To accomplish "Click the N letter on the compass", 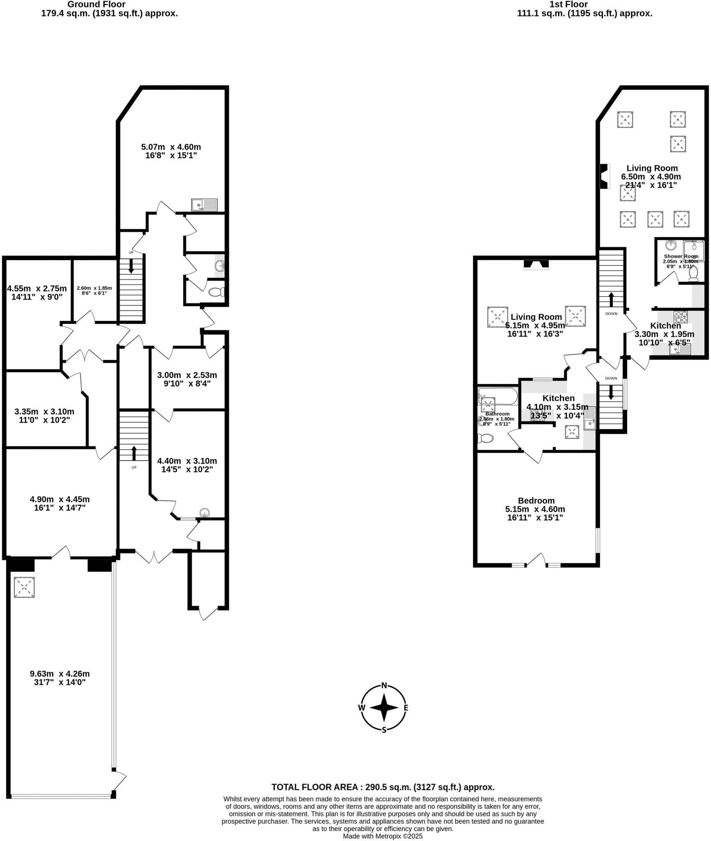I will (x=384, y=685).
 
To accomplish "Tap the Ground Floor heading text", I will (x=96, y=5).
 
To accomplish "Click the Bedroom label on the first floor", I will (x=536, y=501).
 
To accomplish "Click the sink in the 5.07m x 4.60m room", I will (x=204, y=205).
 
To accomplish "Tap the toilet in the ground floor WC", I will (x=217, y=292).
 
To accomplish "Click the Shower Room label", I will (x=681, y=256).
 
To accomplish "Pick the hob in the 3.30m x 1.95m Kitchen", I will (x=681, y=317).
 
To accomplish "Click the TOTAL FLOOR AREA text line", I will (x=383, y=787).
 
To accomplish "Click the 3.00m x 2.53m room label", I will (x=187, y=379).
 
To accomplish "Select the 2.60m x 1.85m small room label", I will (x=94, y=290).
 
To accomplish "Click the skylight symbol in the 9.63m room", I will (x=24, y=587).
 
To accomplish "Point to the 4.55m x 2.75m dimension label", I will (x=37, y=292).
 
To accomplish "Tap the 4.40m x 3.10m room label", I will (x=187, y=465).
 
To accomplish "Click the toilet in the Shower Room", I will (x=694, y=273).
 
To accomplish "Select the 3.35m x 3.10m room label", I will (x=44, y=416).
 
